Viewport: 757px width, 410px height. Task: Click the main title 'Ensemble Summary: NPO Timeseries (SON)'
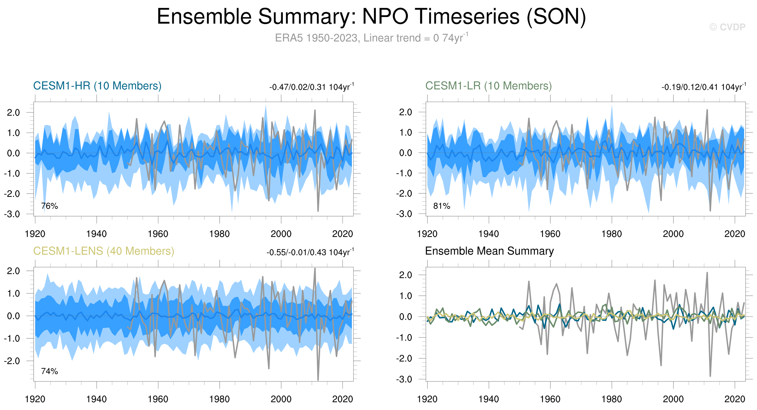pyautogui.click(x=371, y=17)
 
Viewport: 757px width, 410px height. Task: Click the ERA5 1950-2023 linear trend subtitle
pyautogui.click(x=371, y=38)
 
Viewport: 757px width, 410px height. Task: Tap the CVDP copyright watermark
pyautogui.click(x=727, y=27)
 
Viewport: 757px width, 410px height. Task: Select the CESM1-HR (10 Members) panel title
pyautogui.click(x=97, y=86)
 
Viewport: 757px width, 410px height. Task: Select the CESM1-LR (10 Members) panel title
pyautogui.click(x=488, y=86)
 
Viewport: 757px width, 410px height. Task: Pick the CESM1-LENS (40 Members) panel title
pyautogui.click(x=103, y=251)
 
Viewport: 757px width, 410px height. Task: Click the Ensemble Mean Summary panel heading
pyautogui.click(x=489, y=251)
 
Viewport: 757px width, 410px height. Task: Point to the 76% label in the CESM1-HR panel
pyautogui.click(x=49, y=206)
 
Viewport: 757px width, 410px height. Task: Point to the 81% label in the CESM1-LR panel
pyautogui.click(x=442, y=206)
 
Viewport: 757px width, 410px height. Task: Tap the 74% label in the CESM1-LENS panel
pyautogui.click(x=49, y=371)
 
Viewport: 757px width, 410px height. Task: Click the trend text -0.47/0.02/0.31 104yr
pyautogui.click(x=311, y=87)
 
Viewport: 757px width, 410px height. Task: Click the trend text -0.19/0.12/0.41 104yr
pyautogui.click(x=704, y=87)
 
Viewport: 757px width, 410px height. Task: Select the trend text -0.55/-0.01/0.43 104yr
pyautogui.click(x=310, y=252)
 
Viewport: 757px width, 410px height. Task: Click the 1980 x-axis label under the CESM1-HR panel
pyautogui.click(x=219, y=234)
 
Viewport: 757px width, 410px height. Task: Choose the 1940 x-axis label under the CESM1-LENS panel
pyautogui.click(x=96, y=399)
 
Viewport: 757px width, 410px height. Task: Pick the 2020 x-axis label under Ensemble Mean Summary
pyautogui.click(x=734, y=399)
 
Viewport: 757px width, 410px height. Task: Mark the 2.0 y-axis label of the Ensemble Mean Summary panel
pyautogui.click(x=406, y=275)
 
